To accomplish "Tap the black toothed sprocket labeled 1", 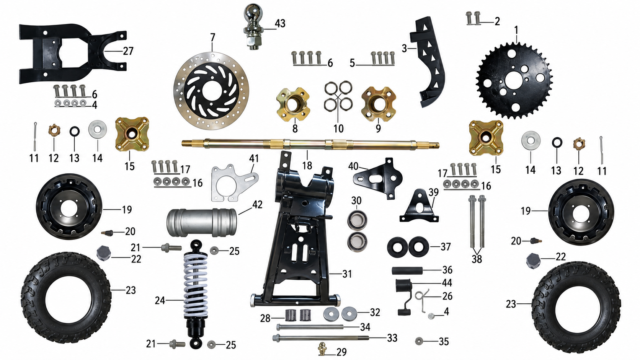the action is [514, 80].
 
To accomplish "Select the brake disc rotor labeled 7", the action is [211, 91].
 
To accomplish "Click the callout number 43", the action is [280, 23].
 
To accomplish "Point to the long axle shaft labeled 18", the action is [310, 143].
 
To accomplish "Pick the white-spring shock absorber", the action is [196, 294].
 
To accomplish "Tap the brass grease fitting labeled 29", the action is [323, 349].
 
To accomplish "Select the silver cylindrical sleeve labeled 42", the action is [202, 223].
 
